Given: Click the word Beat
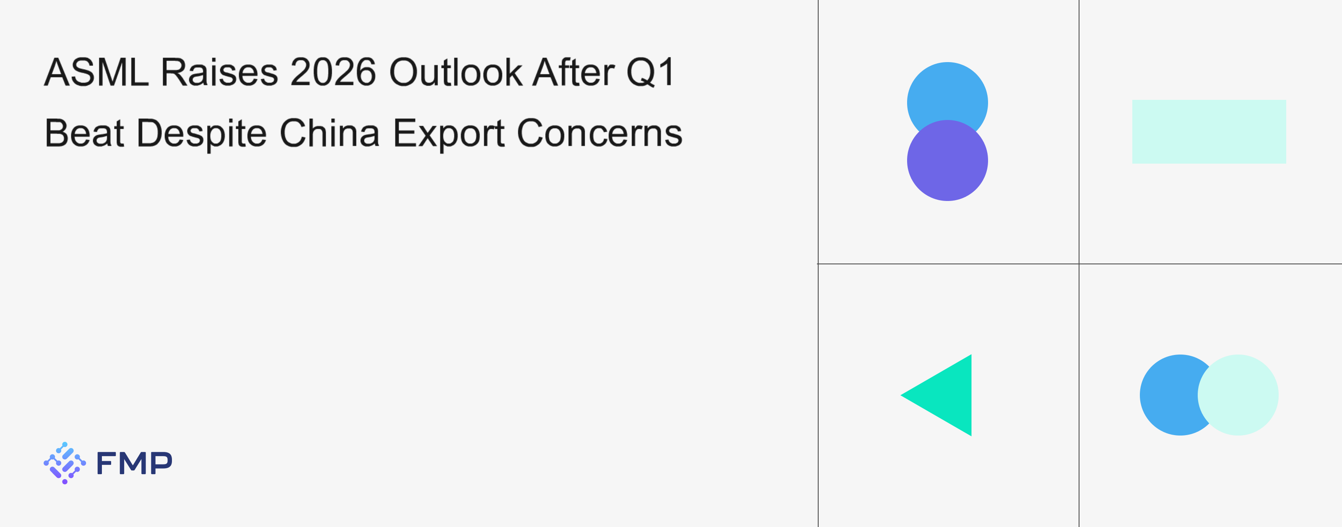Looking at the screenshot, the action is tap(84, 133).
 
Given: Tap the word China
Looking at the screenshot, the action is tap(330, 133).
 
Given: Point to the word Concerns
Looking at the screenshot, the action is tap(600, 133).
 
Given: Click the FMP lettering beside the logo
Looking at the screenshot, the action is tap(134, 463).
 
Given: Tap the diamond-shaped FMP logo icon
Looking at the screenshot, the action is tap(65, 463).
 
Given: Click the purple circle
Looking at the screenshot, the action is tap(947, 161).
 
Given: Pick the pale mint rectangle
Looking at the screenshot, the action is tap(1209, 132).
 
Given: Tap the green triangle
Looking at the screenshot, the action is tap(948, 395).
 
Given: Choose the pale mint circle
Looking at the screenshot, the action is tap(1238, 395).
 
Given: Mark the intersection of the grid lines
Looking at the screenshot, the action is tap(1079, 264).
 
